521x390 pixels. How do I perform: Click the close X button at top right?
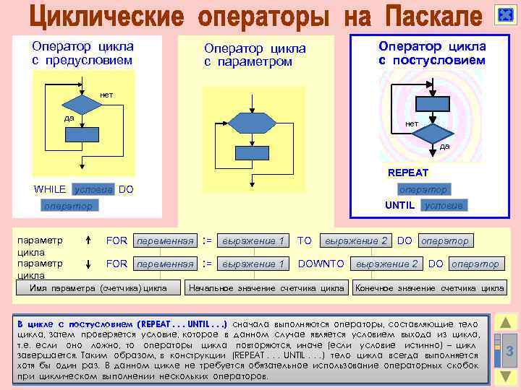click(504, 16)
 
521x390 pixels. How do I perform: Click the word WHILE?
click(50, 189)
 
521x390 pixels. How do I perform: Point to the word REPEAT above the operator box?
click(408, 173)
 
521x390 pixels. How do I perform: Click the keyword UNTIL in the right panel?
click(400, 205)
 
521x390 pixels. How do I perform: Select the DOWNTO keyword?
click(321, 264)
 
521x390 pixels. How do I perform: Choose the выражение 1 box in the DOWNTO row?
click(253, 264)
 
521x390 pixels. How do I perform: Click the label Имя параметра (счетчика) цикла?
click(98, 288)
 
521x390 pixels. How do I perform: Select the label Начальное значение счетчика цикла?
click(266, 288)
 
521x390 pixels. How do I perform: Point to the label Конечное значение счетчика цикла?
click(429, 288)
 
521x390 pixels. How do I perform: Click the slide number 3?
click(509, 352)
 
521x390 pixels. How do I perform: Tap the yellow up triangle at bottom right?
click(507, 323)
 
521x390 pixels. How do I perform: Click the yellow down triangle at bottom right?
click(507, 376)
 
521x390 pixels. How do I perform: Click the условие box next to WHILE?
click(93, 189)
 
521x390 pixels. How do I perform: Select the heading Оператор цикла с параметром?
click(255, 55)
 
